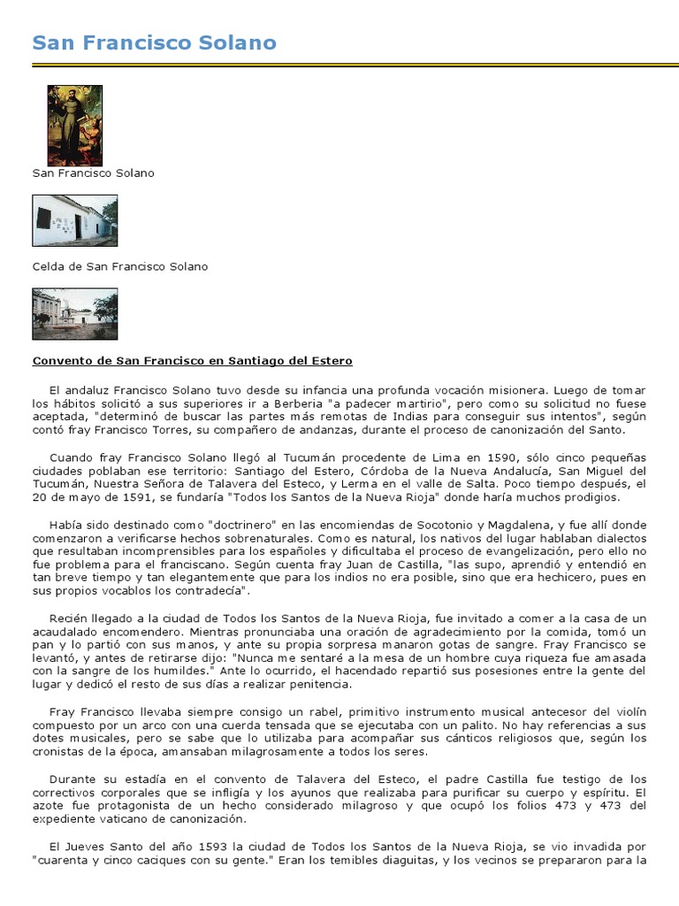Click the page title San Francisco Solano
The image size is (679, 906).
pyautogui.click(x=154, y=42)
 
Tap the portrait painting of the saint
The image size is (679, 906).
pyautogui.click(x=74, y=125)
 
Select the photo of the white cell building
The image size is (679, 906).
pyautogui.click(x=74, y=220)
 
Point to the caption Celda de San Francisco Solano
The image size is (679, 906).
pyautogui.click(x=120, y=266)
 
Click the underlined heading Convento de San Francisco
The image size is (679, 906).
pyautogui.click(x=192, y=361)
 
